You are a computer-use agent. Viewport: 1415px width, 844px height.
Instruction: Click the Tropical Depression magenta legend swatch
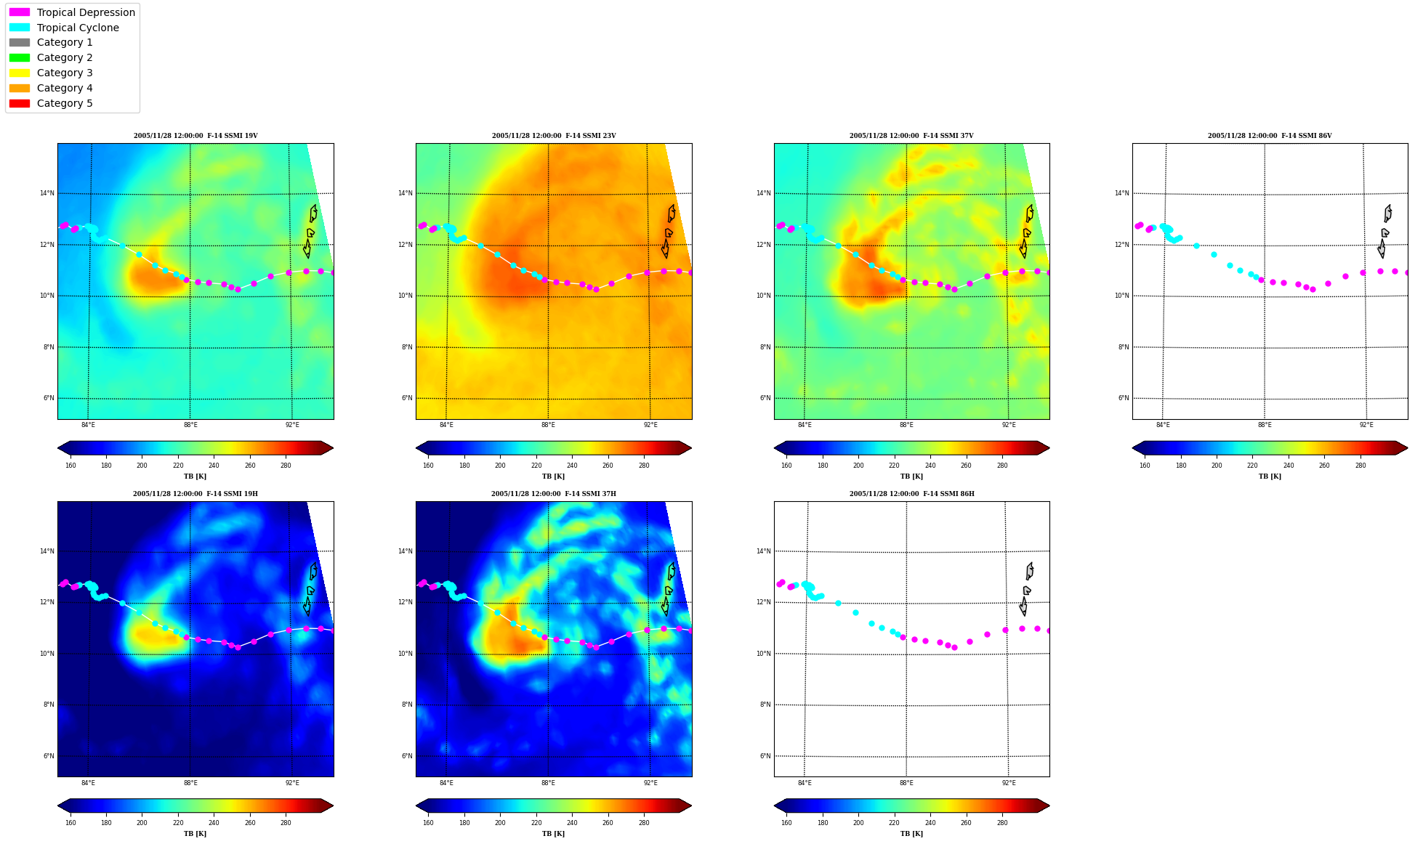(20, 12)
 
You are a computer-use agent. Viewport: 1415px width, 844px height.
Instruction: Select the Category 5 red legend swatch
(20, 103)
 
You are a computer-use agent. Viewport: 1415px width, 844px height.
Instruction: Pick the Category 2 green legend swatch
(20, 57)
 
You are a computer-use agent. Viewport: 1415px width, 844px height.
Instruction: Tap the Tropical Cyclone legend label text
(78, 28)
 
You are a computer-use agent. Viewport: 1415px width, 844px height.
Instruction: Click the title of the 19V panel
(195, 136)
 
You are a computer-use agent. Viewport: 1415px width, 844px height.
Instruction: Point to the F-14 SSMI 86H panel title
(912, 494)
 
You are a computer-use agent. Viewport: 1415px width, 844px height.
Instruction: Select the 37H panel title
(554, 494)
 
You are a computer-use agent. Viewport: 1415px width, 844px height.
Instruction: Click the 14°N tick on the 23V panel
(405, 193)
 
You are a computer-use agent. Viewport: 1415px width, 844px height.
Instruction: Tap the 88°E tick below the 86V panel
(1265, 425)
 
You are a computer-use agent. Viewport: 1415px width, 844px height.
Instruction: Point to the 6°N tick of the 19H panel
(48, 756)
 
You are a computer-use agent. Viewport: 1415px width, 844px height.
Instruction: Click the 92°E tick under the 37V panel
(1009, 425)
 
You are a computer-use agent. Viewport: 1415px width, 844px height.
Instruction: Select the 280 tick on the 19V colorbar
(286, 465)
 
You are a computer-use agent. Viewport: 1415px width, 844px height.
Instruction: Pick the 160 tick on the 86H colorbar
(786, 823)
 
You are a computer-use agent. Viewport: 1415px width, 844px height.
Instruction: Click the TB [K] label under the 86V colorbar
(1270, 476)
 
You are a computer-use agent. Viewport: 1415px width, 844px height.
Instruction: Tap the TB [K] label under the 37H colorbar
(553, 834)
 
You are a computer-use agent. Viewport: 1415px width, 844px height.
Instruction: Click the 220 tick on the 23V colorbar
(536, 465)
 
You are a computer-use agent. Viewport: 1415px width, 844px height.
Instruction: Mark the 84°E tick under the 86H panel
(805, 783)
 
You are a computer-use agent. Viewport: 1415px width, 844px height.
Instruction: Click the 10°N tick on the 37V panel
(763, 296)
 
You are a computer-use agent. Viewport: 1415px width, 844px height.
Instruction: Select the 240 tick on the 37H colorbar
(572, 823)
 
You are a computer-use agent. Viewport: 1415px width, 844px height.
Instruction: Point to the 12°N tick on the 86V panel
(1121, 245)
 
